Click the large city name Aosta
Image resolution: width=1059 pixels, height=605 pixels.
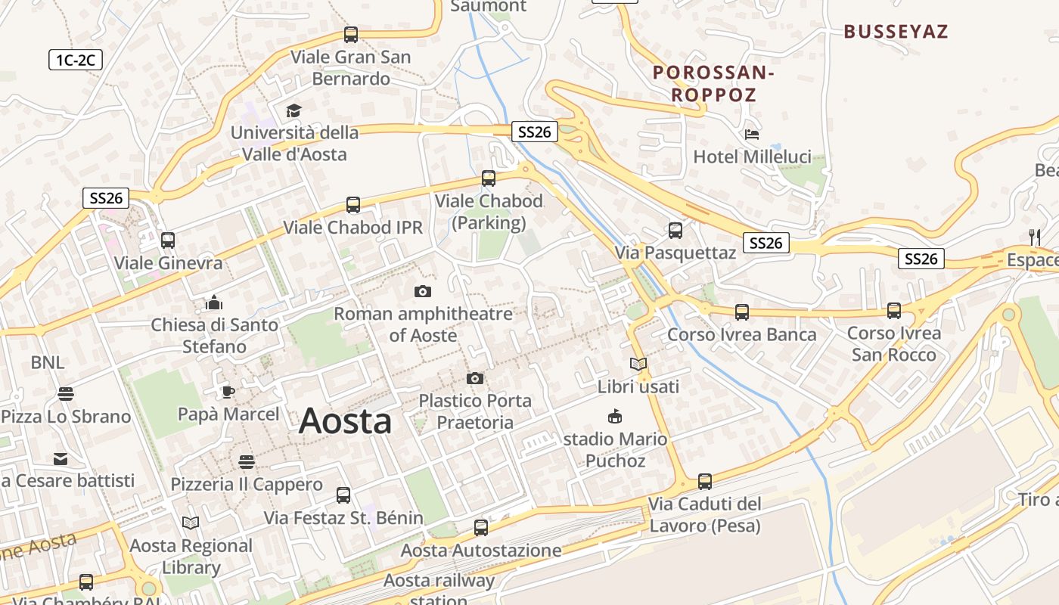pos(345,421)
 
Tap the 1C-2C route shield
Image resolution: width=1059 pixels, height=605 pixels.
pos(75,60)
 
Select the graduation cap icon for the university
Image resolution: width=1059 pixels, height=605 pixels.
pos(293,111)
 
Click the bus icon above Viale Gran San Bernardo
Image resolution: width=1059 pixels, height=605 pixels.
pos(351,34)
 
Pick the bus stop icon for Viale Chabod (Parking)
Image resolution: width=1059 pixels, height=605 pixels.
pos(489,178)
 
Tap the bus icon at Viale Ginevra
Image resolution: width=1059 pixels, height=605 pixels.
pos(168,240)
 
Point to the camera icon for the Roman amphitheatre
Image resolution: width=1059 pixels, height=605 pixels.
pos(423,291)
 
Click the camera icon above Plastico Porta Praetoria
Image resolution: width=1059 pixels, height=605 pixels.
pos(475,378)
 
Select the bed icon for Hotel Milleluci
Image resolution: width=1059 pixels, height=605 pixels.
pos(752,135)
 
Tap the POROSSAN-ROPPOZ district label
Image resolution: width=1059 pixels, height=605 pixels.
pos(714,84)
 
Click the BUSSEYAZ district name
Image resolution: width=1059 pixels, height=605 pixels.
pos(896,32)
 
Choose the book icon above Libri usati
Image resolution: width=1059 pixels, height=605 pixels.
pos(638,365)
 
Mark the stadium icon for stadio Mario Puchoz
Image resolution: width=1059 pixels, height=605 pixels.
pos(615,417)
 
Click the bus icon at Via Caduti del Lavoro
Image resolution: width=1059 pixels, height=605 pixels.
pos(705,481)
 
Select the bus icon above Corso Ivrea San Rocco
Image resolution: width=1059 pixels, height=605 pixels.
pos(894,311)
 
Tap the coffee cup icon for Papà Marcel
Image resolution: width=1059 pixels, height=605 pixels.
pos(228,392)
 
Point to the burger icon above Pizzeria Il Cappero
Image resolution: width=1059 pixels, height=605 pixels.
pos(247,461)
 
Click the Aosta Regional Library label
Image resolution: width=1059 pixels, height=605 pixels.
pos(191,557)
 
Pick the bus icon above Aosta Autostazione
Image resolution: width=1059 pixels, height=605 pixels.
pos(481,528)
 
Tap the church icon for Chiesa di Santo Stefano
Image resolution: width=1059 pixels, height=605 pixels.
pos(214,303)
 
